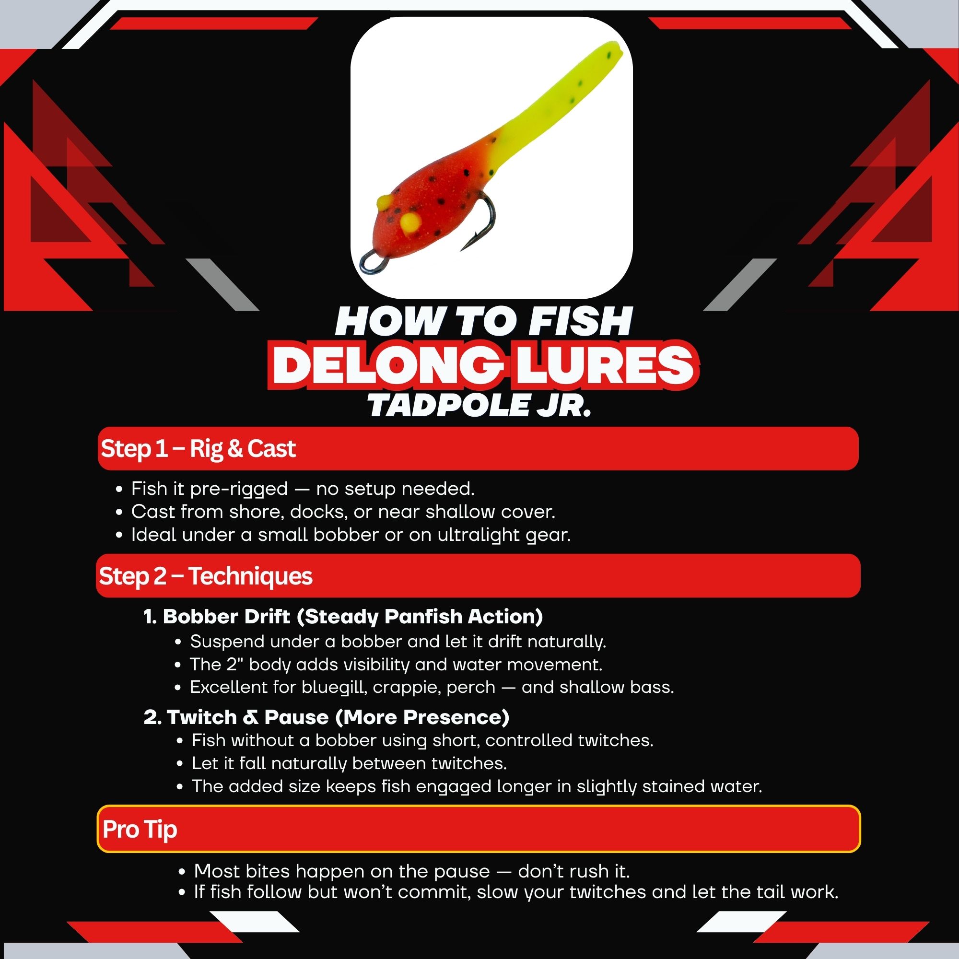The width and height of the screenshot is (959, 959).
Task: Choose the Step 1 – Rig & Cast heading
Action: click(x=198, y=449)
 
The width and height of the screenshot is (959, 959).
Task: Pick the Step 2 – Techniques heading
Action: click(x=206, y=576)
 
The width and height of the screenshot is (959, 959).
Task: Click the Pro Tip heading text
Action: click(x=140, y=830)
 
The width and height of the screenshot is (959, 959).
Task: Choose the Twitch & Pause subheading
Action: click(x=327, y=717)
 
